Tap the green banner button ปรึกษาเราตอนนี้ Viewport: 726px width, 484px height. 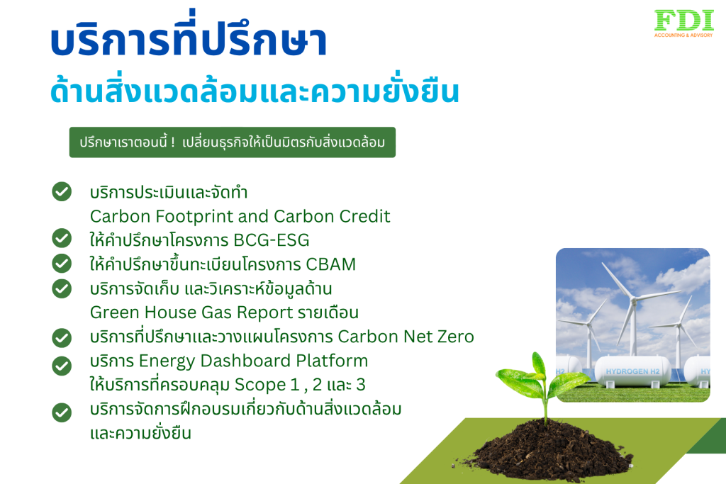click(x=233, y=142)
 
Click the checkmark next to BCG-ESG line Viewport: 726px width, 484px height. click(x=62, y=238)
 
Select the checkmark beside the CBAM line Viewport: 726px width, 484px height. click(x=62, y=264)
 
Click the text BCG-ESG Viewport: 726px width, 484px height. click(x=272, y=240)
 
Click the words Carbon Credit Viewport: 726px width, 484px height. click(x=332, y=216)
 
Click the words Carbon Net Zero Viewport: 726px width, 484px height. click(x=406, y=337)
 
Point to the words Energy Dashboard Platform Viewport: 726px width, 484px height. click(x=253, y=361)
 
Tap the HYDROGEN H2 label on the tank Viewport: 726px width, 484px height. click(x=632, y=371)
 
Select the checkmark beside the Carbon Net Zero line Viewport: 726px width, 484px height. click(x=62, y=337)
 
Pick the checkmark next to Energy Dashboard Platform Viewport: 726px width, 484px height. click(x=62, y=366)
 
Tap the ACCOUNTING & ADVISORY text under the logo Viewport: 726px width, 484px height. click(x=683, y=35)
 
